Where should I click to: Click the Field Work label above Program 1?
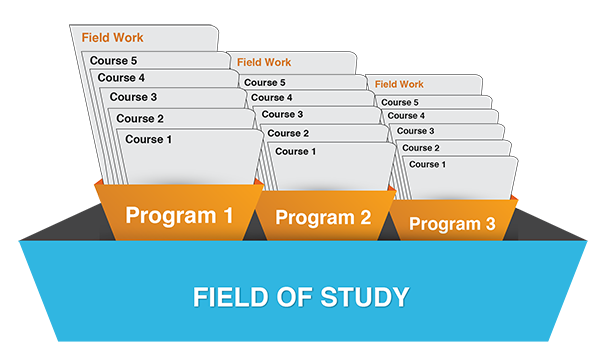[112, 37]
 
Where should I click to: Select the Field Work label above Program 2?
[264, 62]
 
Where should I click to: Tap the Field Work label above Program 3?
[399, 84]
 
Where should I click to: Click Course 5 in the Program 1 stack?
[113, 60]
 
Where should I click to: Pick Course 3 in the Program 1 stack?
[133, 97]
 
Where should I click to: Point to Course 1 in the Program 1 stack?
[148, 139]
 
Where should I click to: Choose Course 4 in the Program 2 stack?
[272, 98]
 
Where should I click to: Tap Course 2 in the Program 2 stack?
[288, 133]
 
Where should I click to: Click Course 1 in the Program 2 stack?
[296, 151]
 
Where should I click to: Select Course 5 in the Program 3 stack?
[400, 103]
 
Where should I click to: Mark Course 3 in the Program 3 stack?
[416, 131]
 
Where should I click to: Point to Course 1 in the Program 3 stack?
[427, 165]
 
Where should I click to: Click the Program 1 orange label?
[179, 216]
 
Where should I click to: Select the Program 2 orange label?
[323, 218]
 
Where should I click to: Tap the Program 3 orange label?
[452, 224]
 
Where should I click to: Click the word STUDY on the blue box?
[365, 297]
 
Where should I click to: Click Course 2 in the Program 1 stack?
[140, 119]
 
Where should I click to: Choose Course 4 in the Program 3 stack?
[406, 116]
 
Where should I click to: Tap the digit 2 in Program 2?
[365, 217]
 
